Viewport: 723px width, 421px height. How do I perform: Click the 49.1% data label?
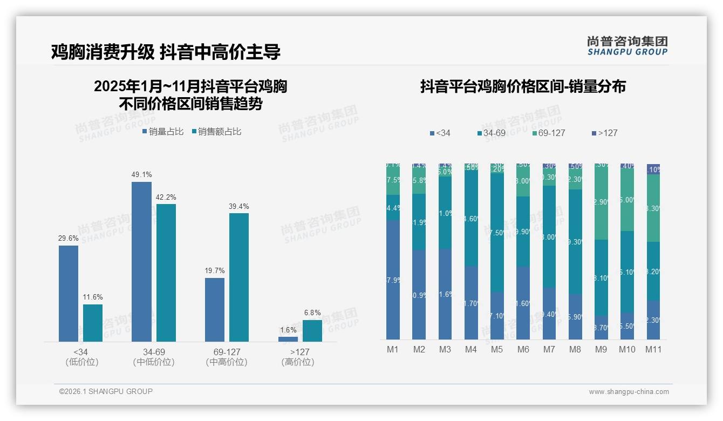click(141, 174)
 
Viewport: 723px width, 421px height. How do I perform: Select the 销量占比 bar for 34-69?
click(141, 262)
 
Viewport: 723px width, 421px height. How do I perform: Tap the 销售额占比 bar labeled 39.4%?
click(238, 277)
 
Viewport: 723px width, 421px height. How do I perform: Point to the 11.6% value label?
click(93, 297)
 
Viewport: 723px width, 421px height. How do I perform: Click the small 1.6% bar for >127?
click(288, 339)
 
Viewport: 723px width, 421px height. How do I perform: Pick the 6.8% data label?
click(312, 313)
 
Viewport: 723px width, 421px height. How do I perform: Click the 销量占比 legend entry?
click(163, 132)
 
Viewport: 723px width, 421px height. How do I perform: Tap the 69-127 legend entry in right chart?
click(548, 133)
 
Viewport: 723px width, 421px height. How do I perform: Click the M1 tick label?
click(393, 349)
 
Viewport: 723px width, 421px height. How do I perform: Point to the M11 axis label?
click(653, 349)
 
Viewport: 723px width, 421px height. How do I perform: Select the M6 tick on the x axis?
click(523, 349)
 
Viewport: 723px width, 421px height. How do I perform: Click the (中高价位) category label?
click(227, 362)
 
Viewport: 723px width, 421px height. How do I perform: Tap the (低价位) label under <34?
click(81, 362)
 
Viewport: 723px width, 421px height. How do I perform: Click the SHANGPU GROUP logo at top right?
click(627, 46)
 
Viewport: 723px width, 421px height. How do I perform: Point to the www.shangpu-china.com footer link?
click(629, 392)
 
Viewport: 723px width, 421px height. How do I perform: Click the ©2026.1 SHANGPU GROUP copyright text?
click(106, 391)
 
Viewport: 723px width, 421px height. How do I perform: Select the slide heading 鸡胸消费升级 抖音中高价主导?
click(166, 52)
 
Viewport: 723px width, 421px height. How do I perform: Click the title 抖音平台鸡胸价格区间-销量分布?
click(523, 86)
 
